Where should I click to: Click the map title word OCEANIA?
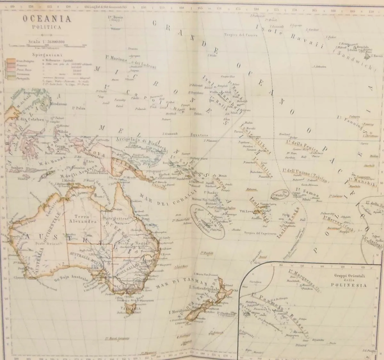pyautogui.click(x=47, y=19)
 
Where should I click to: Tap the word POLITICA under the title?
pyautogui.click(x=47, y=28)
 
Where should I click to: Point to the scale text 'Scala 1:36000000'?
pyautogui.click(x=47, y=41)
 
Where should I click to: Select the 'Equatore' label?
pyautogui.click(x=199, y=135)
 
